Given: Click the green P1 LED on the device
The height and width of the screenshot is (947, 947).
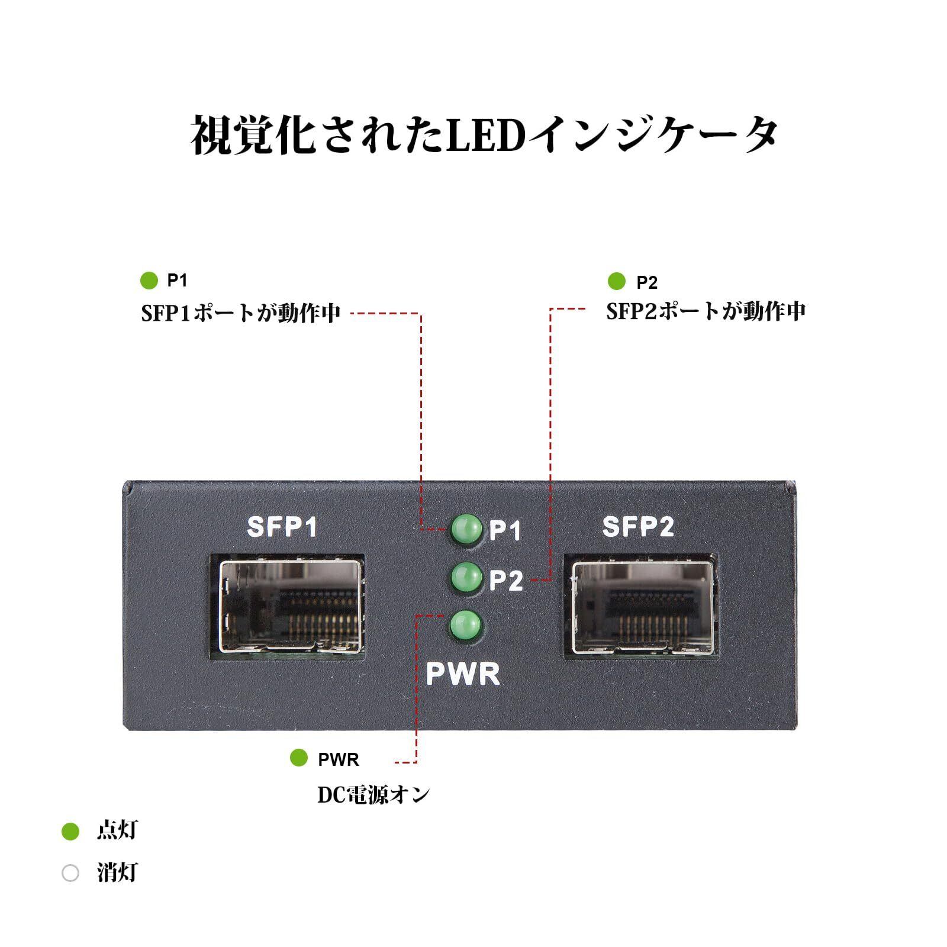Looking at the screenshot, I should (466, 529).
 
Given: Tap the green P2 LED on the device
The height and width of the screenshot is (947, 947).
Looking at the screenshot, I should (466, 577).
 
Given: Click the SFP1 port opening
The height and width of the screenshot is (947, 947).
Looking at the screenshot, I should (289, 606).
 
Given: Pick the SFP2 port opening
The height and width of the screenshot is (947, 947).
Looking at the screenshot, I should (643, 606).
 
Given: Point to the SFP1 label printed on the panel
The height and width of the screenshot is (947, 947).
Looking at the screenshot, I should (282, 527).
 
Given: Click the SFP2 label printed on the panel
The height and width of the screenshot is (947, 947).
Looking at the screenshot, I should (638, 526).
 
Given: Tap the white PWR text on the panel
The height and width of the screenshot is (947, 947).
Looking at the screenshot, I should (463, 674).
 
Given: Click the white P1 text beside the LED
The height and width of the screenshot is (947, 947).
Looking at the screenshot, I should (505, 531).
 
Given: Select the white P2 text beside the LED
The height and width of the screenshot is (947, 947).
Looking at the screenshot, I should (506, 581).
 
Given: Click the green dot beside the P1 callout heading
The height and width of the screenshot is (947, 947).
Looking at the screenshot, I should (149, 281).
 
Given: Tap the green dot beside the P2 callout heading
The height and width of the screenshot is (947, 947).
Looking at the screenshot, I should (617, 282).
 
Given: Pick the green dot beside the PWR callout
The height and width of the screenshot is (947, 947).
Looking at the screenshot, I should (299, 758).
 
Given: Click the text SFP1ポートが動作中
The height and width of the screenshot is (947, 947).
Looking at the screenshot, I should (241, 313).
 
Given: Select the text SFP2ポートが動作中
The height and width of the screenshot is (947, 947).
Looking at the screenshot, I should (706, 311).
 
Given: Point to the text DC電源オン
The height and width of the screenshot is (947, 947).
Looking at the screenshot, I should (373, 795).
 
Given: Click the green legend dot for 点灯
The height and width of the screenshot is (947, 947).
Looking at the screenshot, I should (70, 832).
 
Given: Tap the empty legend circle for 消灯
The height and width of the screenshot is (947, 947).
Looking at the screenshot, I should (70, 873).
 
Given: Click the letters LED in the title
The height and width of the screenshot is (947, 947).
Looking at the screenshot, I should (485, 135).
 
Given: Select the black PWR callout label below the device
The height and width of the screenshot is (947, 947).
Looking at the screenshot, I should (339, 759).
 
